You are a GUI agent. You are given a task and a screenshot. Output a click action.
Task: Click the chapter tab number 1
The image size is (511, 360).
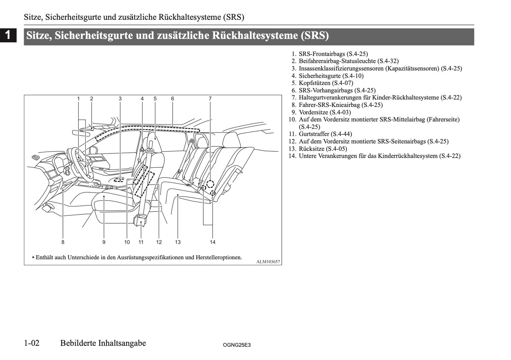click(8, 35)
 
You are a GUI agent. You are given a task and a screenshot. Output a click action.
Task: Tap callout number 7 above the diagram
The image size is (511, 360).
click(210, 99)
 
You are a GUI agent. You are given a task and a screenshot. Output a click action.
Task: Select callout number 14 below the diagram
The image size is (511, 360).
click(213, 242)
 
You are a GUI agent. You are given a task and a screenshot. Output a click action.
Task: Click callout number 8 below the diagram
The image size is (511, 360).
click(63, 242)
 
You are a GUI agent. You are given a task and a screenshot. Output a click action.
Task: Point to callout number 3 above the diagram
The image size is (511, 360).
click(120, 99)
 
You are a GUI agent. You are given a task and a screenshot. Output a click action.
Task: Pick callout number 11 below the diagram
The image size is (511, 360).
click(141, 242)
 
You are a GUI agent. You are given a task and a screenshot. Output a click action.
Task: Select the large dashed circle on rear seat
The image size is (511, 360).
click(210, 184)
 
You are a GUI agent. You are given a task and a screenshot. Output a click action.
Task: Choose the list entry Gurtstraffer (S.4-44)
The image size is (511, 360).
click(325, 134)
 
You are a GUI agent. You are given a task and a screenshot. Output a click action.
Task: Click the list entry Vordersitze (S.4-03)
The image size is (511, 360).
click(325, 112)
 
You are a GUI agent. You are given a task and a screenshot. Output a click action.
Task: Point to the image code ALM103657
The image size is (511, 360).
click(268, 262)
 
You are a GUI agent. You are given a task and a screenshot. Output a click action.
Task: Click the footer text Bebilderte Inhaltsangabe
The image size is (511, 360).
click(103, 343)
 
